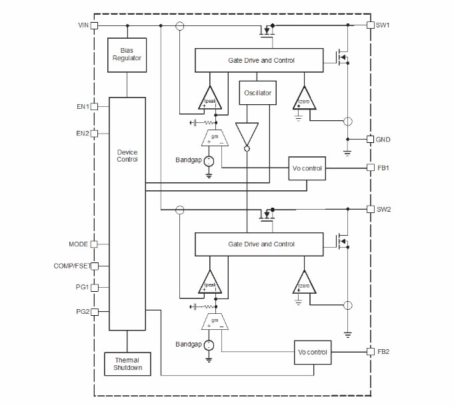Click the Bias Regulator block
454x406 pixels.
point(127,55)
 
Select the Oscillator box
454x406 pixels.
point(257,93)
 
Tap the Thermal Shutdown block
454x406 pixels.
point(127,364)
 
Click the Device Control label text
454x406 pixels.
point(127,156)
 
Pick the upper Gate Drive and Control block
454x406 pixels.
point(261,61)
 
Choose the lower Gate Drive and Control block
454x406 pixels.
point(261,244)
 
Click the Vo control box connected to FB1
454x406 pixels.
point(307,168)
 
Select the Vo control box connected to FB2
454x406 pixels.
point(312,351)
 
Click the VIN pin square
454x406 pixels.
point(94,25)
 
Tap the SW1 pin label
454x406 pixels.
point(383,25)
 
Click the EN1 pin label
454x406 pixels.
point(82,106)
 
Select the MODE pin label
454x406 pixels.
point(79,244)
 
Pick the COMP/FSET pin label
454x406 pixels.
point(71,266)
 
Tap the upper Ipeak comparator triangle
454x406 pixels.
point(211,99)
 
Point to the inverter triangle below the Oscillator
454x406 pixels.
point(246,134)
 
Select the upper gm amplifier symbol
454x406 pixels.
point(215,138)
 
